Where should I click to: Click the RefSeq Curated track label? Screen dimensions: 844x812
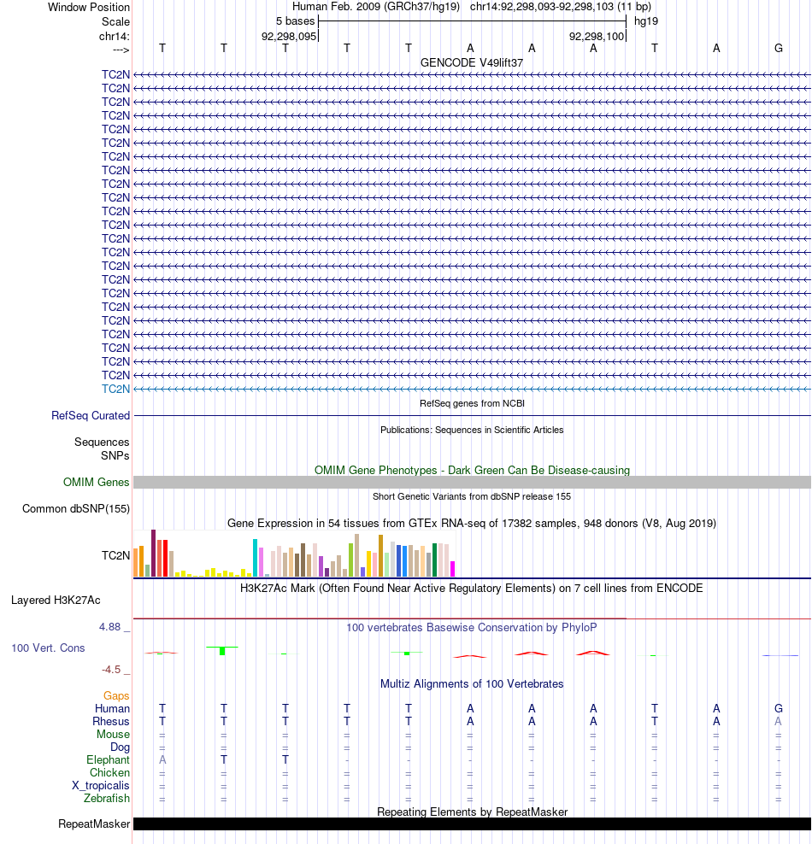click(x=91, y=416)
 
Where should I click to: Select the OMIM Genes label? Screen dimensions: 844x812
click(x=97, y=483)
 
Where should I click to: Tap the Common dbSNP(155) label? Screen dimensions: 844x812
click(x=76, y=509)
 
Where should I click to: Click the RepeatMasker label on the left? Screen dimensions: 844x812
click(x=94, y=824)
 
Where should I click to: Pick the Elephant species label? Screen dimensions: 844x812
click(x=108, y=760)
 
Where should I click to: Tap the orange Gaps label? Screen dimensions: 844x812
click(x=116, y=696)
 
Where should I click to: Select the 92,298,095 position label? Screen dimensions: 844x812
click(x=289, y=37)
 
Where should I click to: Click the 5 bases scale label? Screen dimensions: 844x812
click(x=295, y=21)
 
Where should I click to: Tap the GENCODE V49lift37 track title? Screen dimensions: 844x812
click(x=472, y=63)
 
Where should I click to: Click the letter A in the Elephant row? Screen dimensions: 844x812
click(x=162, y=760)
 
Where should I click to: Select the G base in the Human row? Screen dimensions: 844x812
click(x=779, y=708)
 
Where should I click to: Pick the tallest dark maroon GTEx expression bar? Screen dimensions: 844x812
click(x=153, y=554)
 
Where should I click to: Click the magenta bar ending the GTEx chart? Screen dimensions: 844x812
click(x=453, y=569)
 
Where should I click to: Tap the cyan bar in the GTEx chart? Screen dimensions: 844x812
click(x=255, y=558)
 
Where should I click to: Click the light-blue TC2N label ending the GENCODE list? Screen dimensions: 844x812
click(x=115, y=389)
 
